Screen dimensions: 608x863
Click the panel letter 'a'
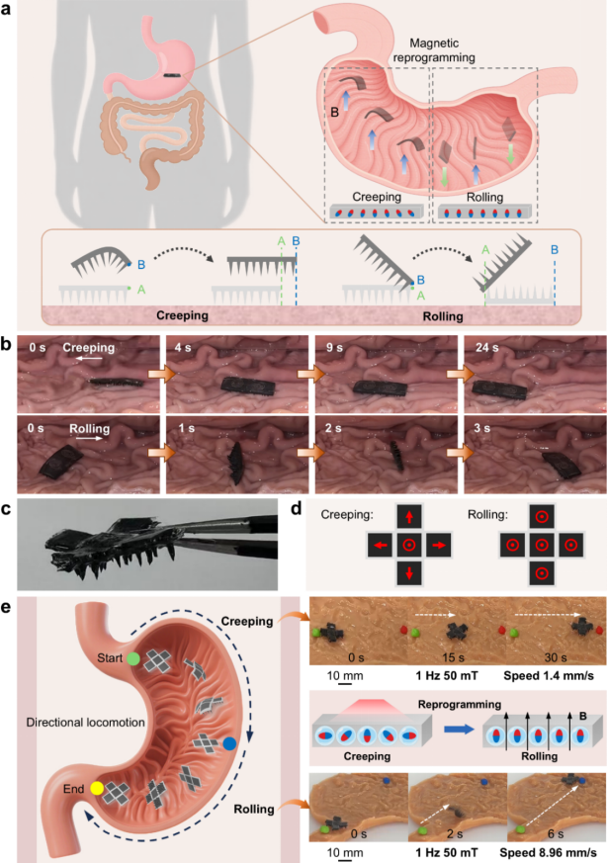pyautogui.click(x=6, y=9)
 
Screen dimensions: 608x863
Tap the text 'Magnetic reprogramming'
pyautogui.click(x=434, y=50)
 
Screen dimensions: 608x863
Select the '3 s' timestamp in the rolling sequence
pyautogui.click(x=482, y=428)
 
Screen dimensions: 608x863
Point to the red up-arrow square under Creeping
pyautogui.click(x=409, y=517)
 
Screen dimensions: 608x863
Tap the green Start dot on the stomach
pyautogui.click(x=133, y=658)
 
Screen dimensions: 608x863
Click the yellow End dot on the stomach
pyautogui.click(x=97, y=788)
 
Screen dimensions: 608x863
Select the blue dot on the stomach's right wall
pyautogui.click(x=229, y=744)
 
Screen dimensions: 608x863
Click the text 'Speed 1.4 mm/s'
pyautogui.click(x=549, y=676)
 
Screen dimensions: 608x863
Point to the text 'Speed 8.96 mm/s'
pyautogui.click(x=548, y=852)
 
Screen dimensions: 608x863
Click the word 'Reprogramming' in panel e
pyautogui.click(x=460, y=705)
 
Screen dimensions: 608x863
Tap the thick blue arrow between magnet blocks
pyautogui.click(x=460, y=730)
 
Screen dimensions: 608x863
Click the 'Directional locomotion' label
pyautogui.click(x=85, y=722)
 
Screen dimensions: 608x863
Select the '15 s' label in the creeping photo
pyautogui.click(x=453, y=657)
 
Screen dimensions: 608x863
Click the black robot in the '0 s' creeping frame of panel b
pyautogui.click(x=111, y=381)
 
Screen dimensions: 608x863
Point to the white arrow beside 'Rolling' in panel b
pyautogui.click(x=89, y=439)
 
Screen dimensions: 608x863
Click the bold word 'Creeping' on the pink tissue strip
pyautogui.click(x=182, y=315)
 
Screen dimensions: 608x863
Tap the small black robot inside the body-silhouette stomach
pyautogui.click(x=170, y=75)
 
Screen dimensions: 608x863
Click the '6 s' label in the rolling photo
pyautogui.click(x=556, y=833)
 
